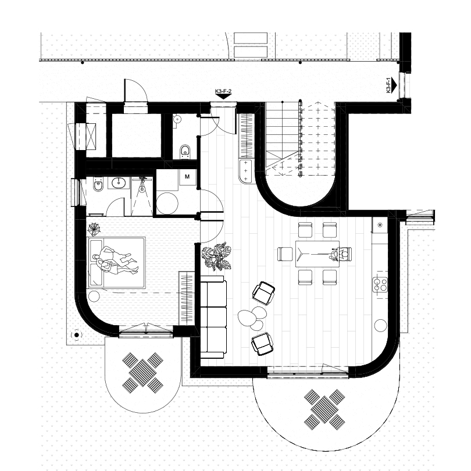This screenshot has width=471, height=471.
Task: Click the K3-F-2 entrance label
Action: [223, 91]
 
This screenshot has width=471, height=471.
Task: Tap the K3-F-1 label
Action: [388, 85]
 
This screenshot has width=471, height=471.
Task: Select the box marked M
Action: [187, 176]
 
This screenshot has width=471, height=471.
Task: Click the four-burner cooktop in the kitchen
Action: [380, 284]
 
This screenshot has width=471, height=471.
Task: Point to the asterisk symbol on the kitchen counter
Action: [380, 224]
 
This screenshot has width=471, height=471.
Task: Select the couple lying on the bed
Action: [115, 261]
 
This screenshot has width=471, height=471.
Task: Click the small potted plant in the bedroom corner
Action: [94, 229]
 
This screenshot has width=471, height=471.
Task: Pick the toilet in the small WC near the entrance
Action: [185, 151]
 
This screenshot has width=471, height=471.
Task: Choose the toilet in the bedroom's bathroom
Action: [98, 185]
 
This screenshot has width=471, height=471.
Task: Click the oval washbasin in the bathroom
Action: [120, 183]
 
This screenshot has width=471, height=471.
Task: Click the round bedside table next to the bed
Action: [94, 296]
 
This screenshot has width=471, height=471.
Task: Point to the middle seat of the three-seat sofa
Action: [213, 317]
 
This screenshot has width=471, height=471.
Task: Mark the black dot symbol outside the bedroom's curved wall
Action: [76, 334]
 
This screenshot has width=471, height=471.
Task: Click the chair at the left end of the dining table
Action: [285, 254]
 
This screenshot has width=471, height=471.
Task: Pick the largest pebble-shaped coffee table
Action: [247, 317]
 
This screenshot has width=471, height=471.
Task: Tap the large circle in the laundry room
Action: [167, 204]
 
